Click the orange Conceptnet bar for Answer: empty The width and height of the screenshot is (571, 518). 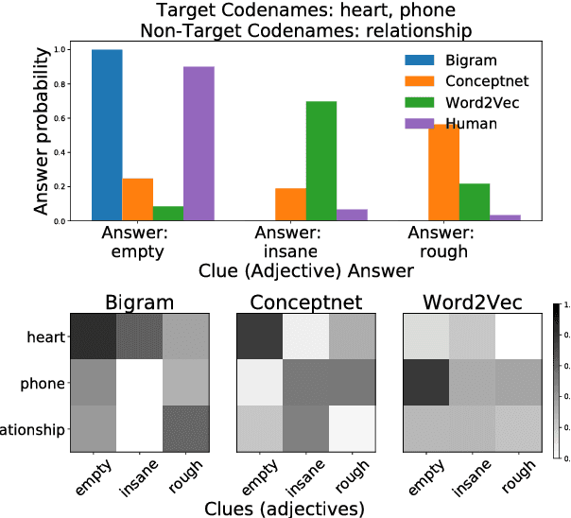[x=137, y=199]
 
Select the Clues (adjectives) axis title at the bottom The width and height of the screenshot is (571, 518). [x=285, y=508]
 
